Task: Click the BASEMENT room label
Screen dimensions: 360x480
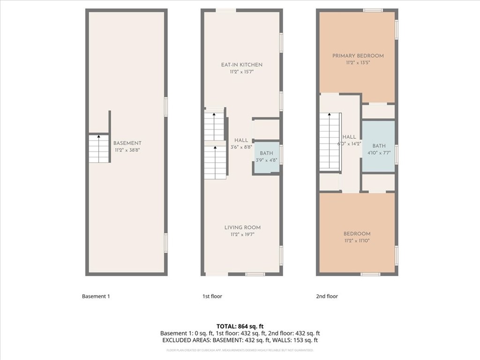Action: click(x=127, y=143)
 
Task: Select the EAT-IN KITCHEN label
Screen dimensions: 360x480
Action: click(x=241, y=65)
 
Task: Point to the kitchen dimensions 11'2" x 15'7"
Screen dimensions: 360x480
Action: click(x=241, y=72)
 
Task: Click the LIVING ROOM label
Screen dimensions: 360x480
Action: click(x=242, y=227)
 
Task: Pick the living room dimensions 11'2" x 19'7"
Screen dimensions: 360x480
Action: click(x=242, y=235)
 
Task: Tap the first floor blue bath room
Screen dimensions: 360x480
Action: click(x=266, y=157)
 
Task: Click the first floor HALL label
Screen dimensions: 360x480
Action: click(x=241, y=140)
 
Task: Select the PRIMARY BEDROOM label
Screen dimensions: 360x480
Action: click(x=358, y=56)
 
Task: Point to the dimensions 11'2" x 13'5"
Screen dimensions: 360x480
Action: click(x=358, y=63)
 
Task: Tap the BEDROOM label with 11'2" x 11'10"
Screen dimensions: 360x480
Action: click(x=357, y=234)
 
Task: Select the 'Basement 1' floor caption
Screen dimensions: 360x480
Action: click(x=96, y=296)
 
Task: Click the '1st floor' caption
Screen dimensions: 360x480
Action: click(x=212, y=296)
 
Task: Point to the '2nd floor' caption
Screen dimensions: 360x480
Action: click(x=327, y=296)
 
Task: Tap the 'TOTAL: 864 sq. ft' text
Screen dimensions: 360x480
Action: click(x=240, y=326)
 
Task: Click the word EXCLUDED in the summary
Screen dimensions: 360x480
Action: click(x=176, y=340)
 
